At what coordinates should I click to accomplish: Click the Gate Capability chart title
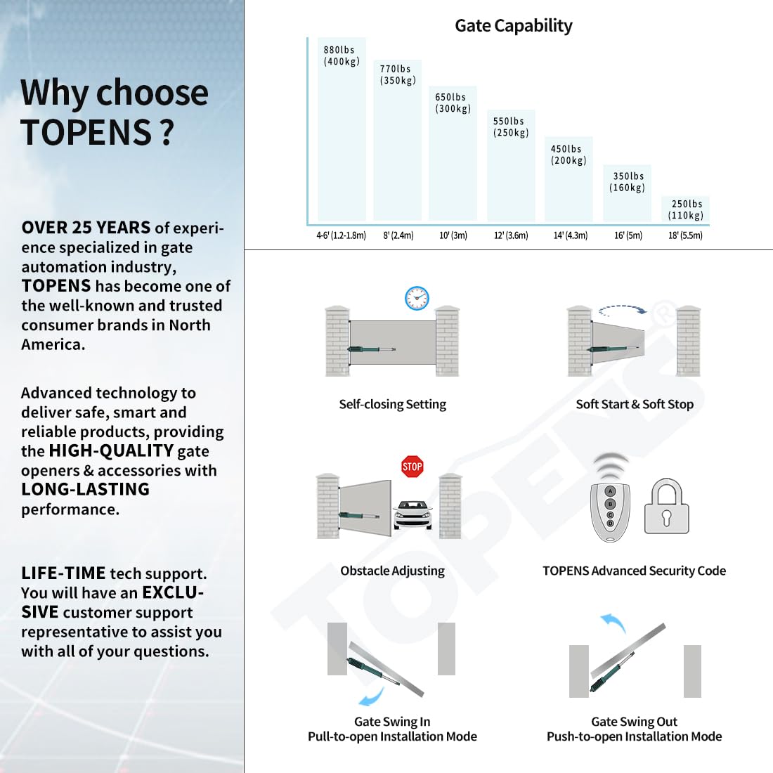tap(513, 25)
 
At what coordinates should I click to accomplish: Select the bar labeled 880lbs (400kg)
tap(342, 129)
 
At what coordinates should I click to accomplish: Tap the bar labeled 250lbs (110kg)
tap(685, 209)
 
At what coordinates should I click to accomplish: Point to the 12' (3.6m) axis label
tap(511, 235)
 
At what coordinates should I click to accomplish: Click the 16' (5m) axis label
tap(628, 235)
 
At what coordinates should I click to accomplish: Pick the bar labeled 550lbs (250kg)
tap(511, 166)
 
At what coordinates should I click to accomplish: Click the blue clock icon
tap(417, 298)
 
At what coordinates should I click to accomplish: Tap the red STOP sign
tap(412, 467)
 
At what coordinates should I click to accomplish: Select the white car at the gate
tap(413, 514)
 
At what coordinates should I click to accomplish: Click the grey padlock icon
tap(666, 506)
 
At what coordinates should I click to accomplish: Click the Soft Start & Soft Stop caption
tap(635, 404)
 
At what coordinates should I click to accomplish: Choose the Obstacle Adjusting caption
tap(392, 571)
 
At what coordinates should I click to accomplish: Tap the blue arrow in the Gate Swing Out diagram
tap(614, 622)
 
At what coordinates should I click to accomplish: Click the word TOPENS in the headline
tap(86, 132)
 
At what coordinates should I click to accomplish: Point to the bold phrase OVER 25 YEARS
tap(86, 227)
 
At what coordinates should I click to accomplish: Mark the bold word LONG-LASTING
tap(85, 489)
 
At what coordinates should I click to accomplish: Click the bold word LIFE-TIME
tap(63, 573)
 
